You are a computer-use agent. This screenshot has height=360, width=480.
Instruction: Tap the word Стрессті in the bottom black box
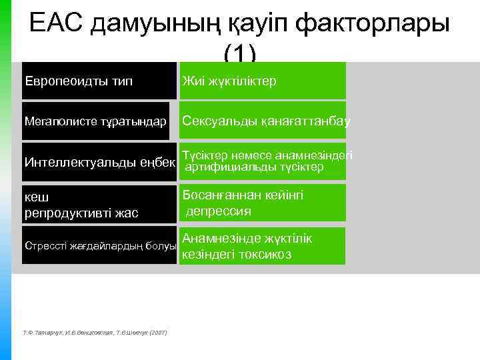[x=47, y=245]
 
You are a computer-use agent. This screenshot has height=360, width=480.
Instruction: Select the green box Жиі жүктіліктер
[x=263, y=81]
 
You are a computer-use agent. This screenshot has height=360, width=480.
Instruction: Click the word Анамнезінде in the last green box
[x=220, y=238]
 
